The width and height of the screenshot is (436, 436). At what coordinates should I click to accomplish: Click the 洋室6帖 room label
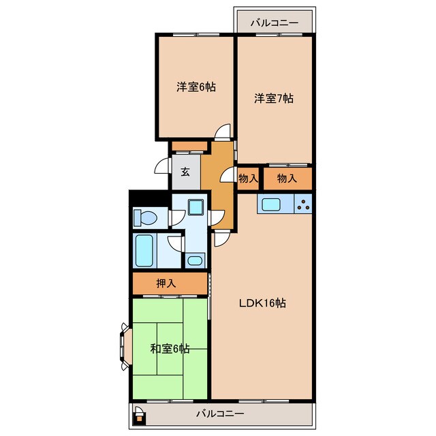[x=196, y=87]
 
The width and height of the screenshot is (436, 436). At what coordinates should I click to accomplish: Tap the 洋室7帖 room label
[x=274, y=98]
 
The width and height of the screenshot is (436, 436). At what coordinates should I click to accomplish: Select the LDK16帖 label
[x=262, y=302]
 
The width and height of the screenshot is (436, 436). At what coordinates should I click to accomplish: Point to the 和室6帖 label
[x=170, y=349]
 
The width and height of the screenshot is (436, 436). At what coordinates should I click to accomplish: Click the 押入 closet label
[x=166, y=283]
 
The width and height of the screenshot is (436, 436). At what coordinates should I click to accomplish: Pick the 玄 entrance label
[x=185, y=172]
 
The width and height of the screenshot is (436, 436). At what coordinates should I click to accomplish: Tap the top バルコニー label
[x=275, y=22]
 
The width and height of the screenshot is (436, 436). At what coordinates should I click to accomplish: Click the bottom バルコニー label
[x=220, y=414]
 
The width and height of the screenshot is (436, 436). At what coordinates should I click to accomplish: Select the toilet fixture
[x=144, y=218]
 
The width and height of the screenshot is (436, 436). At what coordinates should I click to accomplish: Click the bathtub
[x=144, y=251]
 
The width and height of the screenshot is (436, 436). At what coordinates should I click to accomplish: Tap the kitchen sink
[x=270, y=205]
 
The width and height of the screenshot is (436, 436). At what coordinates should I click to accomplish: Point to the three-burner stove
[x=303, y=204]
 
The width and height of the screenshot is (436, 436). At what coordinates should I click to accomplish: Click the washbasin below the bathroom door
[x=195, y=260]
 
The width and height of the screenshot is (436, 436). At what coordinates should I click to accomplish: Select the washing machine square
[x=196, y=207]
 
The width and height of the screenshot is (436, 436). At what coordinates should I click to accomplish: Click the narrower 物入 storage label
[x=248, y=178]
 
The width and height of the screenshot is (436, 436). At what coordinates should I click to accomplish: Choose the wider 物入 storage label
[x=287, y=178]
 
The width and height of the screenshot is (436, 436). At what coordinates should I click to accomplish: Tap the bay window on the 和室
[x=125, y=347]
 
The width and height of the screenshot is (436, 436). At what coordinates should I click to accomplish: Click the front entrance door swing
[x=162, y=166]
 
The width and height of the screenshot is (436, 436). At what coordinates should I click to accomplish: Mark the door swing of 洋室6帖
[x=223, y=131]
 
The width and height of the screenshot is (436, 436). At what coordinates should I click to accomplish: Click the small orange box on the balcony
[x=139, y=418]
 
